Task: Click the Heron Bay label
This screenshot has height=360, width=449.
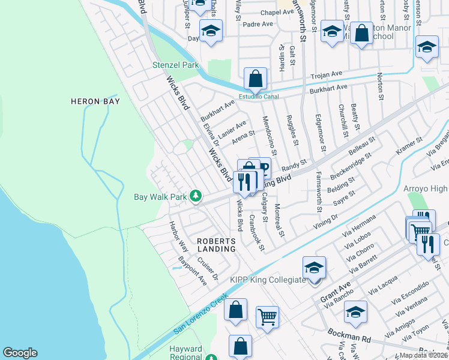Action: (x=95, y=101)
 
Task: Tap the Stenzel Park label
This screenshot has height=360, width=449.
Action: (x=175, y=64)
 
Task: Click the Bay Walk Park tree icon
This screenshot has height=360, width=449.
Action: (x=195, y=196)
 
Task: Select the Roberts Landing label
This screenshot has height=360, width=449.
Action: (x=217, y=245)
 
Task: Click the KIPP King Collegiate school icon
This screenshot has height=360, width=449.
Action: (x=313, y=268)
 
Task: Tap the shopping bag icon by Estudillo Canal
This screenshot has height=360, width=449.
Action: (x=255, y=79)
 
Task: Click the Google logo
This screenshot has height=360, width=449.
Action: (x=20, y=353)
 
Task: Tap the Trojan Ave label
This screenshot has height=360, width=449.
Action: (x=326, y=74)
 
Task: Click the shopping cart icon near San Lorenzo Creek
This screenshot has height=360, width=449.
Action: (x=267, y=316)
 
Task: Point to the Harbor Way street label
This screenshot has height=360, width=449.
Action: (x=175, y=238)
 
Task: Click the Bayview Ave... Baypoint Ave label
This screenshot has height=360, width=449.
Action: (x=193, y=271)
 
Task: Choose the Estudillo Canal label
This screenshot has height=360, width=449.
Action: (x=259, y=95)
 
